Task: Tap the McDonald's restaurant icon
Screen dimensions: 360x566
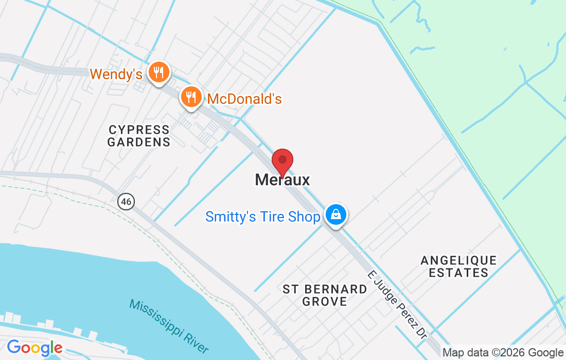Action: (x=190, y=96)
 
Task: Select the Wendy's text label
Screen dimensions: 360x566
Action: (x=116, y=74)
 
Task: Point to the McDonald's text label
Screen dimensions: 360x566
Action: (x=244, y=99)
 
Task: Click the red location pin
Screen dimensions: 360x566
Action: (x=282, y=161)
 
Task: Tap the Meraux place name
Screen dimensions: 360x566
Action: (x=282, y=180)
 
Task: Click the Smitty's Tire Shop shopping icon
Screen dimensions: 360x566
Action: (x=335, y=214)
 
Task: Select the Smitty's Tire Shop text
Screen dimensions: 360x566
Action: (x=262, y=217)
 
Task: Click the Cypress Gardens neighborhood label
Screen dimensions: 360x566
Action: (x=139, y=136)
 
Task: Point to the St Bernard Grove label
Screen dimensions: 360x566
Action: (x=325, y=295)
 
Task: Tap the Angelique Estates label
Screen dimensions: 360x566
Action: (x=458, y=266)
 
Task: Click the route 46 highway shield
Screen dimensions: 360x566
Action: (x=126, y=201)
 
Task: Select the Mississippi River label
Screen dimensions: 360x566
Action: (x=169, y=326)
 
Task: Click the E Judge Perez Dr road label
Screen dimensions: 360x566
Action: (x=397, y=304)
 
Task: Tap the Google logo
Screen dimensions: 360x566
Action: (x=34, y=348)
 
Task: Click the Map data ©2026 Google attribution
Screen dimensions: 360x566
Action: (x=503, y=353)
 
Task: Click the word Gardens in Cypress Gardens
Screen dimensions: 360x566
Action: (x=139, y=142)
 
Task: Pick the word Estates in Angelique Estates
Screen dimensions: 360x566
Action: (x=458, y=273)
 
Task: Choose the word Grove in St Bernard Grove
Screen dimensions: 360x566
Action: (x=325, y=302)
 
